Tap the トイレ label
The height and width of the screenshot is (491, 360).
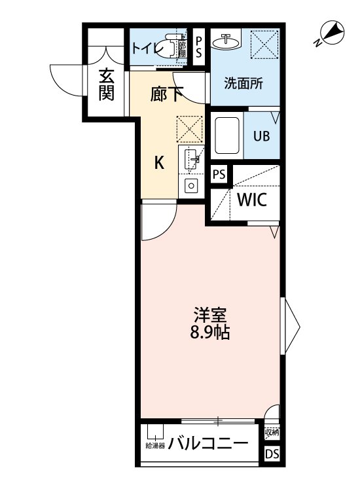tap(145, 47)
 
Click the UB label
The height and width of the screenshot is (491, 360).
tap(262, 137)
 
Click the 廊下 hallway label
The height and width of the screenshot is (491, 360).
tap(167, 94)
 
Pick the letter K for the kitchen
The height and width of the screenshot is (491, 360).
tap(159, 163)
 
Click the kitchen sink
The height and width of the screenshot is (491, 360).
tap(192, 158)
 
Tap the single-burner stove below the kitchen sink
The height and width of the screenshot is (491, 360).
tap(192, 185)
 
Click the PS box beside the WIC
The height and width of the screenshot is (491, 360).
tap(220, 175)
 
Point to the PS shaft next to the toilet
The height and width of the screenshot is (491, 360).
tap(200, 47)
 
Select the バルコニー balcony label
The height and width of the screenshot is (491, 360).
tap(208, 445)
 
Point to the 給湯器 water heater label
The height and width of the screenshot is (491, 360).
tap(154, 446)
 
